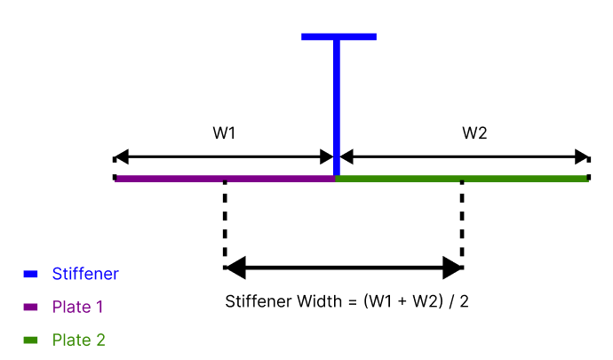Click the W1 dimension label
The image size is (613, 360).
224,133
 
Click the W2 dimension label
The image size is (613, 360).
474,133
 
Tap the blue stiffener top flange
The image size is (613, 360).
338,37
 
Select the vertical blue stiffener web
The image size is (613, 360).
337,107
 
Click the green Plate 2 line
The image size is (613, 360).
462,179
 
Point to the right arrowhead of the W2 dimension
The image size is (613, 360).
582,157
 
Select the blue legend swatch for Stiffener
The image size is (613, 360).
30,274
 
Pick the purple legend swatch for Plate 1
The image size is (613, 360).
30,307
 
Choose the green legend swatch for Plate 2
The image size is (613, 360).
30,340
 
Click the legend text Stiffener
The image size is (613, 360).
84,274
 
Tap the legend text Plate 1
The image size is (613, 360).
77,307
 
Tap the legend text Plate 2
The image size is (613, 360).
79,340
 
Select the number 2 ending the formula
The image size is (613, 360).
464,300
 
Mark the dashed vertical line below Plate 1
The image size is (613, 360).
224,222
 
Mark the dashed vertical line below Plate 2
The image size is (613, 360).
462,222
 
